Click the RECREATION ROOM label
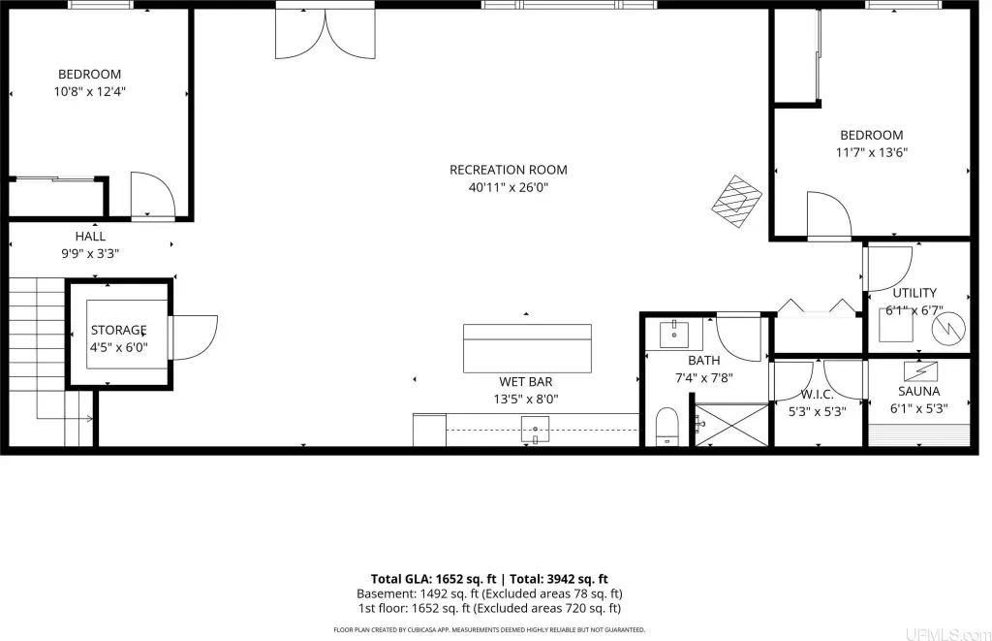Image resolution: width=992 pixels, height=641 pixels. [x=508, y=170]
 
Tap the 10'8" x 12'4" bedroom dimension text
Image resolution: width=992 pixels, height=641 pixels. [x=90, y=91]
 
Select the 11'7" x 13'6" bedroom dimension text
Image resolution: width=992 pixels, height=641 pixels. [x=871, y=152]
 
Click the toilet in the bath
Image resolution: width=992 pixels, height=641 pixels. [x=666, y=426]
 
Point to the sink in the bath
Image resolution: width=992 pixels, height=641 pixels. [x=674, y=334]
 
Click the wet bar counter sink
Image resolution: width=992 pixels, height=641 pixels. [x=535, y=430]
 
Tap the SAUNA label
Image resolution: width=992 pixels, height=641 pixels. [x=918, y=392]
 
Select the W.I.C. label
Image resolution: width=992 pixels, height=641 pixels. [x=817, y=394]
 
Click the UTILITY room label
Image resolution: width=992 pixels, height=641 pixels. [x=914, y=293]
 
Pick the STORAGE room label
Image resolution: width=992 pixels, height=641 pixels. [x=118, y=330]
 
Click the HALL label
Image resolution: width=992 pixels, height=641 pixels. [x=90, y=237]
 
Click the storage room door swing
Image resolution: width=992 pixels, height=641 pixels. [x=195, y=337]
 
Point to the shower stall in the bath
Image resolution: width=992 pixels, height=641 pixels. [x=732, y=425]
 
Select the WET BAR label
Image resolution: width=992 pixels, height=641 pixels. [x=526, y=382]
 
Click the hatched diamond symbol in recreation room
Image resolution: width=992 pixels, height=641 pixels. [x=736, y=202]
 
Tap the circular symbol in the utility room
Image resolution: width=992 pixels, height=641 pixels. [x=949, y=328]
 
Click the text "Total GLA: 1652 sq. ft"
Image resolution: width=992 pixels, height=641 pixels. [x=433, y=578]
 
